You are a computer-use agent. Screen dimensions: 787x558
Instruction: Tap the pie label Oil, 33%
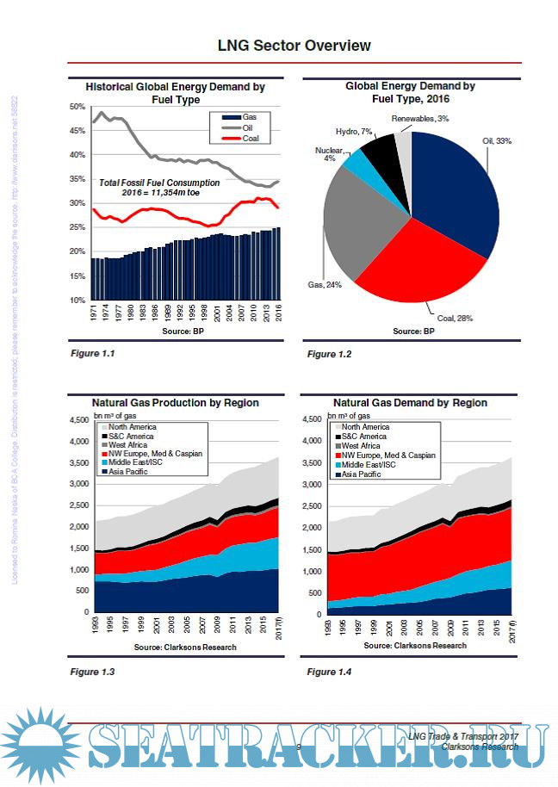pyautogui.click(x=497, y=140)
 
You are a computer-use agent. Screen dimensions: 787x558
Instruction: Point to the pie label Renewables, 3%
pyautogui.click(x=419, y=118)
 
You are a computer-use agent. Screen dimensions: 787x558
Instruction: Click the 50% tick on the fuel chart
pyautogui.click(x=77, y=107)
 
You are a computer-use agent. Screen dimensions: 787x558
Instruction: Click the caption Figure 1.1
pyautogui.click(x=92, y=353)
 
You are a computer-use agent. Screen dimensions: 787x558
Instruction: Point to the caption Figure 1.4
pyautogui.click(x=329, y=672)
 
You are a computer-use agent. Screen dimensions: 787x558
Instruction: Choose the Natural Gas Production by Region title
pyautogui.click(x=175, y=402)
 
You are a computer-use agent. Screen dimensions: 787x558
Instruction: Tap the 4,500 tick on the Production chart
pyautogui.click(x=78, y=420)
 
